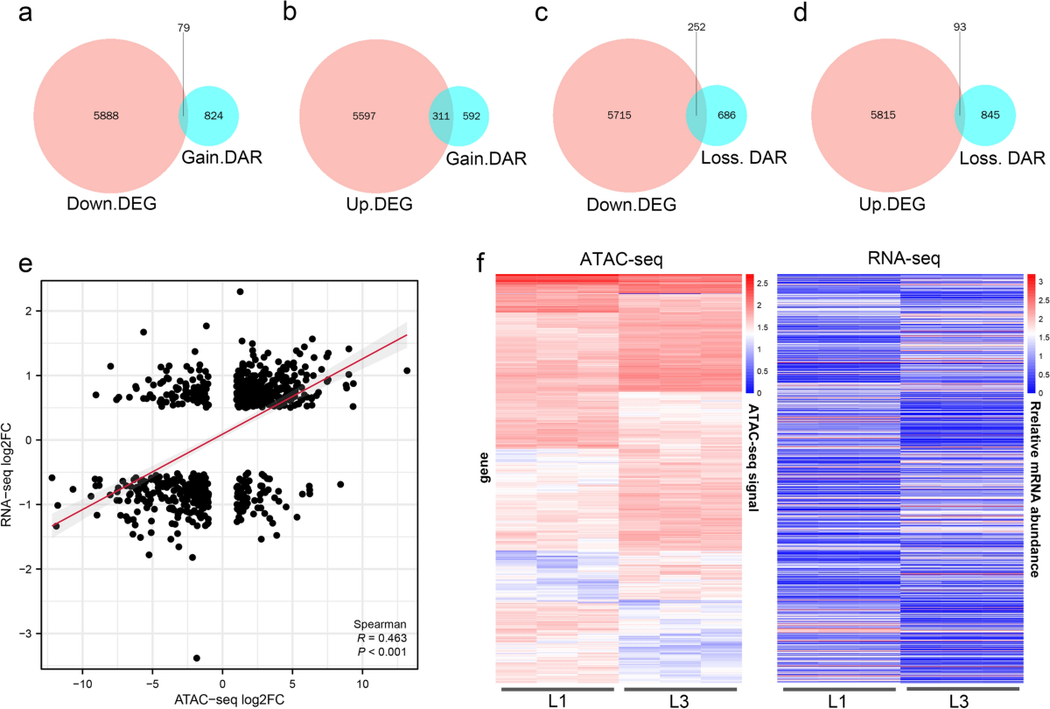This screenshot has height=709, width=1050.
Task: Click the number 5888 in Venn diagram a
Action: point(96,116)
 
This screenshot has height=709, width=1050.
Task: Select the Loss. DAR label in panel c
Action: point(744,158)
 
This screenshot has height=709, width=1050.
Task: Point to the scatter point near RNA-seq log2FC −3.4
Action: point(197,657)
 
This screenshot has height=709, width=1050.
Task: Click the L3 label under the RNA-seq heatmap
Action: point(960,700)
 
